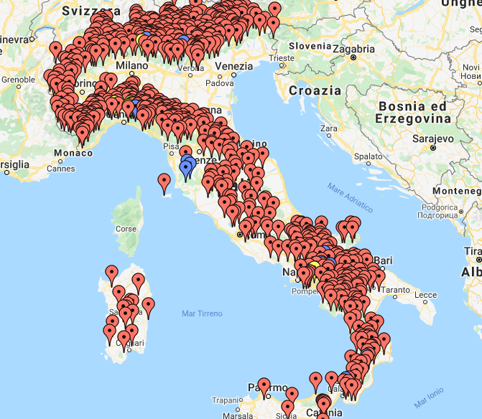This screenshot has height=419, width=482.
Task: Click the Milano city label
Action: (131, 65)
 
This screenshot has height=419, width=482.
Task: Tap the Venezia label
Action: (233, 66)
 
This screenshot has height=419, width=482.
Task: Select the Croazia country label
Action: (315, 90)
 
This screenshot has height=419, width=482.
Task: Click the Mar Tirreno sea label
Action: (202, 314)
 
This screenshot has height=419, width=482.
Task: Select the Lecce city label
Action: (425, 294)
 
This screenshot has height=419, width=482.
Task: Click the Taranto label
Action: (395, 291)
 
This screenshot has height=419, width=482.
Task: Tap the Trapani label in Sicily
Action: (228, 400)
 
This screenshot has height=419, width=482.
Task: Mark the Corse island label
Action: (126, 229)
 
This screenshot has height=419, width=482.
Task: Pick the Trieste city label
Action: (281, 58)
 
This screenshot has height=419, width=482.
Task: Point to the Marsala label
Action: (238, 415)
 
